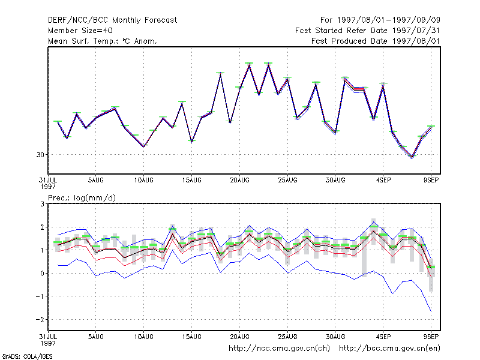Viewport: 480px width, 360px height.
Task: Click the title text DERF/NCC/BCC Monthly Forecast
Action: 112,20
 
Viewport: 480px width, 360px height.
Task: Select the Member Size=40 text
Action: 80,31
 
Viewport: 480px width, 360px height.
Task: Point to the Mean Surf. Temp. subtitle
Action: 103,41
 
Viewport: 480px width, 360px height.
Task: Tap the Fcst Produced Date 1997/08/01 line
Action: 376,41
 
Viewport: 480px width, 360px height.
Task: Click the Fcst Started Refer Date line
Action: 368,31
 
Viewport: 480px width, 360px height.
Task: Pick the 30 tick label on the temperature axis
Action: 40,155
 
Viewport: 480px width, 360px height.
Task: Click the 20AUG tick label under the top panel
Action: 239,181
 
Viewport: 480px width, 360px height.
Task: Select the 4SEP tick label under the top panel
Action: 383,181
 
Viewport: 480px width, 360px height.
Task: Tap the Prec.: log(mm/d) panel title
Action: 82,198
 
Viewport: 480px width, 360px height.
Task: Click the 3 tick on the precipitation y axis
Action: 42,204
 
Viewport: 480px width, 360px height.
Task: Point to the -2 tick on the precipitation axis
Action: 40,320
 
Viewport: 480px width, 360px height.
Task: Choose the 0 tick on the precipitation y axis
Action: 42,274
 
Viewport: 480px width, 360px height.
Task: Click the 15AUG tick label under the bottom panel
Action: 191,337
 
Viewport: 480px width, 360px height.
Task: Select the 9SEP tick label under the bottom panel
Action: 431,337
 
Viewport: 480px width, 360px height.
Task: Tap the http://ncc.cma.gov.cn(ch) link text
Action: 279,349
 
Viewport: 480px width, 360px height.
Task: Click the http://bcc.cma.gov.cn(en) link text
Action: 389,349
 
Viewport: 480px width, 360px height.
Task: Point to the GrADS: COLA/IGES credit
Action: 27,356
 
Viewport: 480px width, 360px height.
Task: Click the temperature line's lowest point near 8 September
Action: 412,157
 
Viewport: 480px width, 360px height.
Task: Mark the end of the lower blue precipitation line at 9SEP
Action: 431,311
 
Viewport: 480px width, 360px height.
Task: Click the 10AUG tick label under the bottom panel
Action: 144,337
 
